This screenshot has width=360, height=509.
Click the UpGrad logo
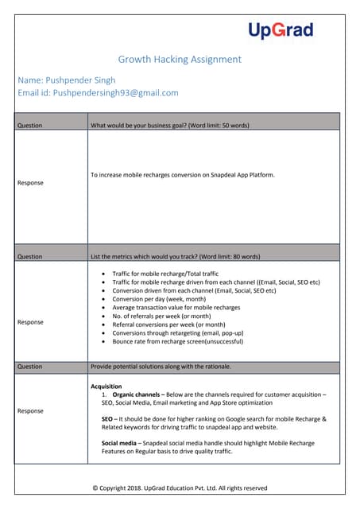(281, 30)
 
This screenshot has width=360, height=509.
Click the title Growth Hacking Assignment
(180, 60)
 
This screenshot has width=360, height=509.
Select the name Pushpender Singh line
(66, 80)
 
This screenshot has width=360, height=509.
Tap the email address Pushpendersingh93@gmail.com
(98, 93)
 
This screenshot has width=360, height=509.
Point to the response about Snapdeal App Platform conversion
(183, 175)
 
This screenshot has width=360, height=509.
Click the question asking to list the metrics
(175, 257)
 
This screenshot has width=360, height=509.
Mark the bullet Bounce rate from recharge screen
(177, 341)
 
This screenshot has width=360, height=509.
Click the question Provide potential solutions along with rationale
(161, 366)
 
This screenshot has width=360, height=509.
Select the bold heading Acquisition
(106, 387)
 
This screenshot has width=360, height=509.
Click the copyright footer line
(180, 488)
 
